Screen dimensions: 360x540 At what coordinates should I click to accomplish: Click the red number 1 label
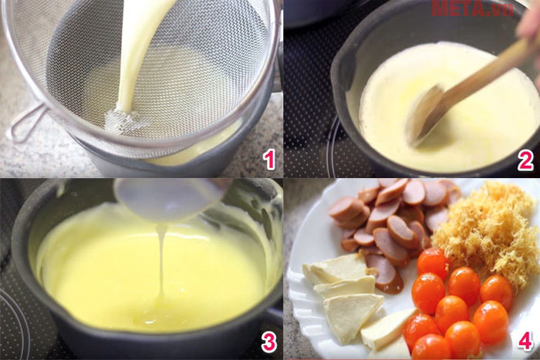tap(268, 160)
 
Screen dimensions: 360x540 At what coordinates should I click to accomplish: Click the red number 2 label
tap(525, 160)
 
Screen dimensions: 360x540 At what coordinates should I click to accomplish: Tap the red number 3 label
tap(268, 341)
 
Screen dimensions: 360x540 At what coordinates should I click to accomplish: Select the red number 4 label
tap(525, 341)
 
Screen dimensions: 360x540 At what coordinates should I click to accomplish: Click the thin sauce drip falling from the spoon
tap(162, 262)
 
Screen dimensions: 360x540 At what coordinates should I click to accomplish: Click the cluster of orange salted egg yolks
tap(455, 304)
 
